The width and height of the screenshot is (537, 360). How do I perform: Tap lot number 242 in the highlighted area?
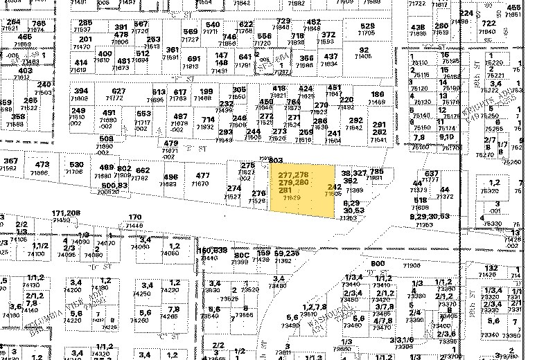click(x=333, y=187)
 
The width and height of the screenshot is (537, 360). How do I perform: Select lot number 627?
click(x=119, y=91)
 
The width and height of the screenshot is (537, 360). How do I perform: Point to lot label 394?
click(x=82, y=91)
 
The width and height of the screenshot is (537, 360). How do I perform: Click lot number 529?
click(x=367, y=26)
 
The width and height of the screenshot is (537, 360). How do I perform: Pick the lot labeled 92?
click(x=364, y=50)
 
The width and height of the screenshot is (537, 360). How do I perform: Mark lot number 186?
click(x=378, y=94)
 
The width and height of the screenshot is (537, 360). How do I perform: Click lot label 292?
click(x=355, y=120)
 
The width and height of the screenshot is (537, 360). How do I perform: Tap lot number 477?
click(x=202, y=176)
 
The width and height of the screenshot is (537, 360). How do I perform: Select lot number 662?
click(x=142, y=170)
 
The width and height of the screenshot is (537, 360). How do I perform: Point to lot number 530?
click(x=76, y=165)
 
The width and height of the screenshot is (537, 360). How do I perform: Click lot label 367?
click(x=10, y=161)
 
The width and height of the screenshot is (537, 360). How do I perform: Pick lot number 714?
click(x=208, y=119)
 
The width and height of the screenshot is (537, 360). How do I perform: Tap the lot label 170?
click(x=135, y=217)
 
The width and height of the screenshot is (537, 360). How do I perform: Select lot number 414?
click(x=81, y=62)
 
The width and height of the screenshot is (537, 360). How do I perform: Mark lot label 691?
click(x=194, y=59)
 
